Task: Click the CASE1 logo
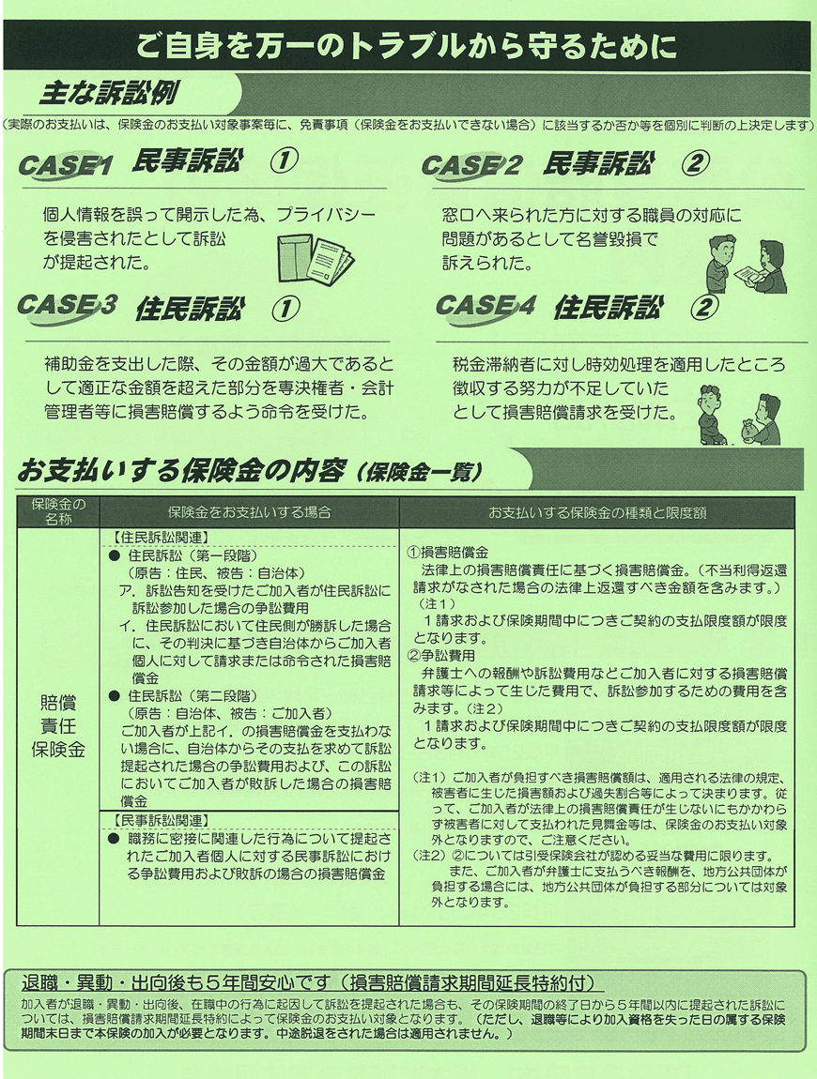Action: (66, 165)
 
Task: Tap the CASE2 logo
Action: (471, 165)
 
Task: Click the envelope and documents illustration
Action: (316, 259)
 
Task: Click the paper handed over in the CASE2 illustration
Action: (749, 275)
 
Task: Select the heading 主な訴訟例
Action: (110, 94)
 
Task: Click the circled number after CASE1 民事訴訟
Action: (284, 163)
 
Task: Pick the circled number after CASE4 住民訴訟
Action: (703, 306)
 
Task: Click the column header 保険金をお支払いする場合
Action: (250, 512)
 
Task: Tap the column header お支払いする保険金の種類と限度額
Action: (597, 512)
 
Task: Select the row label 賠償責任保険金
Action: (58, 726)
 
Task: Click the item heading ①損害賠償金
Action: (448, 552)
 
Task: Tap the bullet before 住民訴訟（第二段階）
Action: (115, 696)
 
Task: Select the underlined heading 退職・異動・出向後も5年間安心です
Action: (175, 982)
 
